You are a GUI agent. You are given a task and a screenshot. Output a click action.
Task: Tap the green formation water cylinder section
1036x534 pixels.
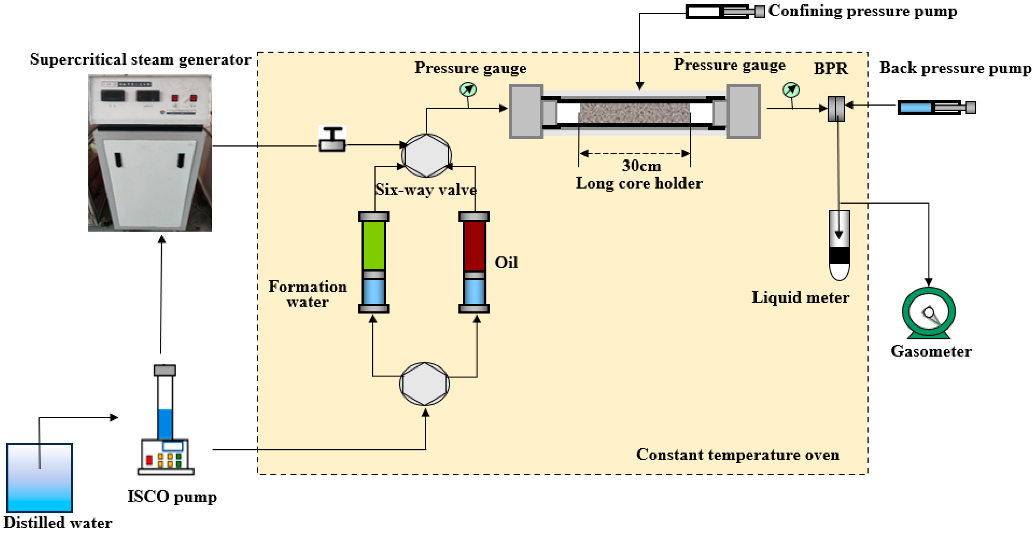[x=374, y=245]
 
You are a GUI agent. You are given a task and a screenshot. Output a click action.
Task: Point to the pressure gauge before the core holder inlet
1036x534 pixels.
[x=468, y=89]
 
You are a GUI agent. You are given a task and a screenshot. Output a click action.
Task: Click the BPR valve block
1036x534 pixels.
[x=836, y=108]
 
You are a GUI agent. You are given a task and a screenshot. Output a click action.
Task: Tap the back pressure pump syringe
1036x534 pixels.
[x=936, y=108]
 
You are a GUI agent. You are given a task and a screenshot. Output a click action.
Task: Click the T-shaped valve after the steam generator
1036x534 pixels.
[x=332, y=139]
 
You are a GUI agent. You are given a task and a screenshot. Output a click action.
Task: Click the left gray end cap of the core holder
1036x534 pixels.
[x=526, y=111]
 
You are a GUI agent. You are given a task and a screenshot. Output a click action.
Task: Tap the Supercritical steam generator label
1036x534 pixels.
[x=140, y=60]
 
